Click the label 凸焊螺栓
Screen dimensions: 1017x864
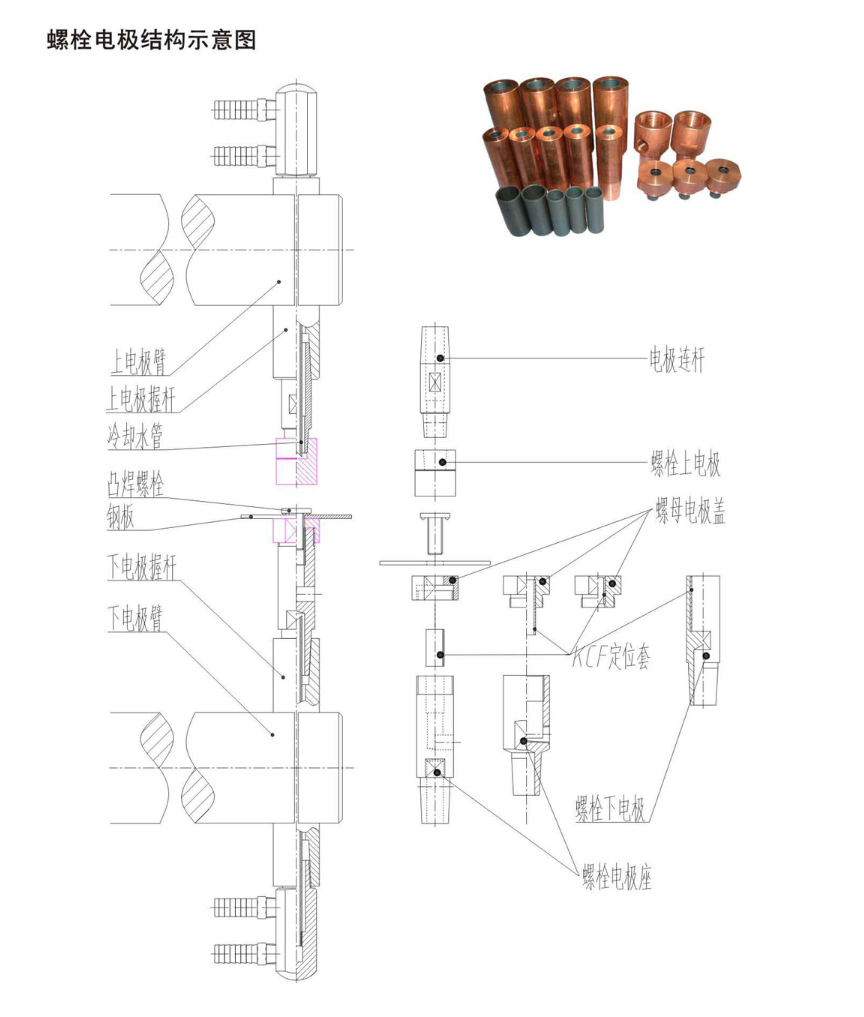[x=136, y=484]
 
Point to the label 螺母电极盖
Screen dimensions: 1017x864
[x=691, y=514]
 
